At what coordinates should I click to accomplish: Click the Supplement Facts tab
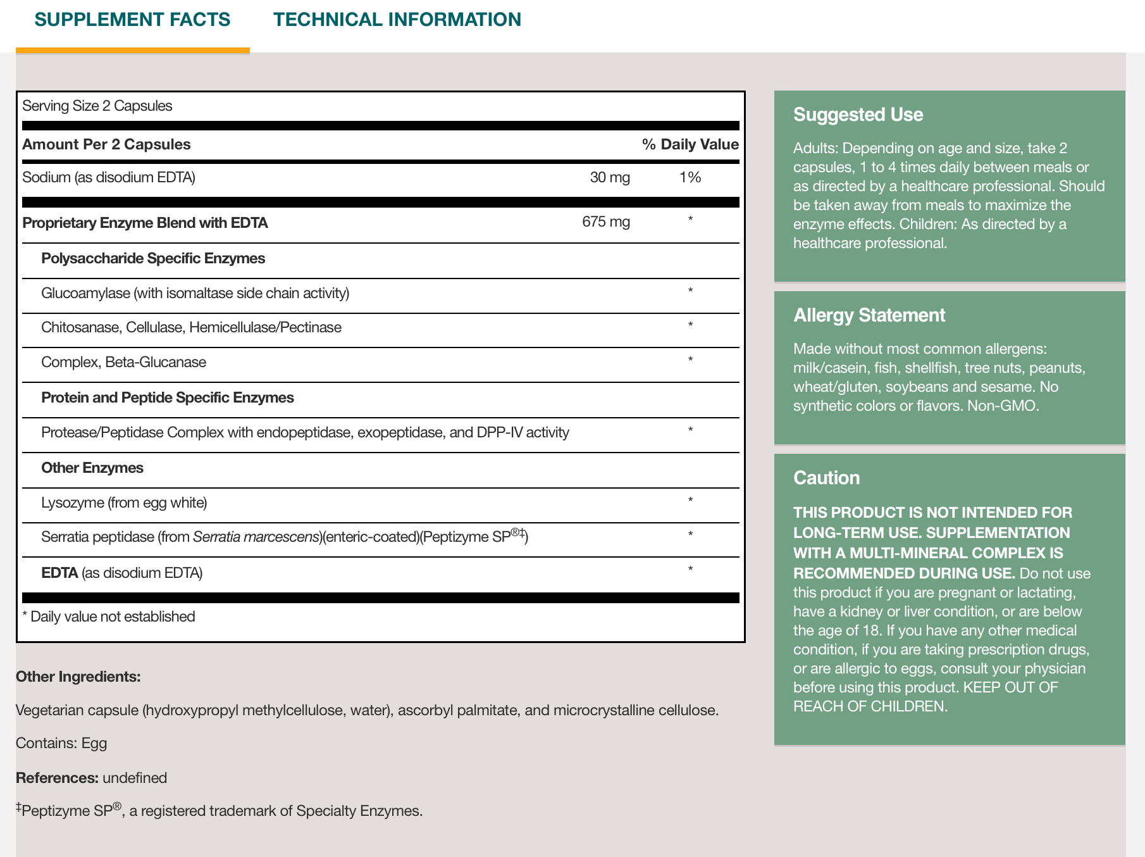132,20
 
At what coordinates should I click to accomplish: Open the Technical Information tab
397,20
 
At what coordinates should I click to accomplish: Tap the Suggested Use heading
858,115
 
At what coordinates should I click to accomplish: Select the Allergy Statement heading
869,315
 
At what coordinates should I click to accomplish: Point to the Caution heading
826,478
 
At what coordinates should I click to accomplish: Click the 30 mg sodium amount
609,177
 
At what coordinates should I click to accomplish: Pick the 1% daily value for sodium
690,177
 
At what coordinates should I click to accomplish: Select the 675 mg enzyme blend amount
605,222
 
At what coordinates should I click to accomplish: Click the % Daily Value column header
690,144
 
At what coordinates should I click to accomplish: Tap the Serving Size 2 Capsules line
97,106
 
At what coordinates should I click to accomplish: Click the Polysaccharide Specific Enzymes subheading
153,258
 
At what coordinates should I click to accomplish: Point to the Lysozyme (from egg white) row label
124,503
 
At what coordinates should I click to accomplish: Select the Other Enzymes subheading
92,468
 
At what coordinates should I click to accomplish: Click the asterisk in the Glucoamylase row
690,291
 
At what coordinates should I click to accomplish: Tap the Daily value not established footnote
109,616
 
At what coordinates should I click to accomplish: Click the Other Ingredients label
78,677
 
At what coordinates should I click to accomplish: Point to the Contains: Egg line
61,743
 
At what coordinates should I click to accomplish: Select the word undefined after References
135,778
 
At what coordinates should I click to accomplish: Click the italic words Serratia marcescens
256,537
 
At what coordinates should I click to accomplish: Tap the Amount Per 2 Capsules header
106,144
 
